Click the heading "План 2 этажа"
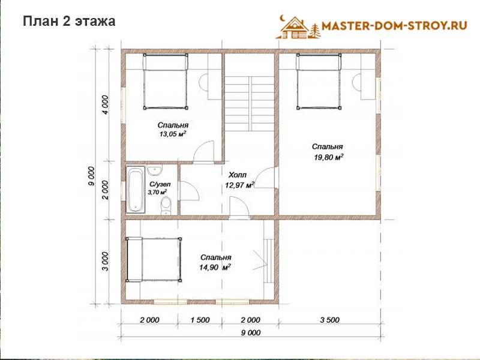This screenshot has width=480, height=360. pos(69,22)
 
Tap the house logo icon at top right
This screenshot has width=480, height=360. pos(298,28)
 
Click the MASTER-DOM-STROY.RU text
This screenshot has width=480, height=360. pos(394,25)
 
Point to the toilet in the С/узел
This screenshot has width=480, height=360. pos(166,206)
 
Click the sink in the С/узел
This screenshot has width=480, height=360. pos(155,170)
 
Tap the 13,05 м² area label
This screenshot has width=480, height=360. pos(173,134)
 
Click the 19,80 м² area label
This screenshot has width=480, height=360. pos(328,157)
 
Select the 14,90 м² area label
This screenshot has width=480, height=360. pos(215,267)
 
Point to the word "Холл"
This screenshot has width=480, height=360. pos(238,175)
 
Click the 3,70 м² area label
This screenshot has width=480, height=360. pos(157,192)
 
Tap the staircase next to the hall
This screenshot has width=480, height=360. pos(250,103)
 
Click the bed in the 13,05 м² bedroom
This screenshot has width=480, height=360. pos(166,81)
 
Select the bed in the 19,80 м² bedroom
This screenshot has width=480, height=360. pos(319,81)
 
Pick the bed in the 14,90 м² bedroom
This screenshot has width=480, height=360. pos(154,259)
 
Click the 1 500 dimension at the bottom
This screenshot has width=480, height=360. pos(200,320)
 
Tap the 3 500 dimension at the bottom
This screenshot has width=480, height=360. pos(329,320)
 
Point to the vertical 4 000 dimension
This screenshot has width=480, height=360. pos(105,104)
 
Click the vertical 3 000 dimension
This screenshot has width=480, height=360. pos(105,261)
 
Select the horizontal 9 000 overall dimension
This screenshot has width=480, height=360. pos(251,333)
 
